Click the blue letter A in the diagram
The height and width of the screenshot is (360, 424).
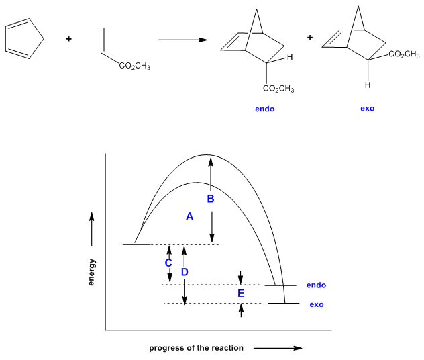189,217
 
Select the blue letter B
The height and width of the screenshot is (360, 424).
210,199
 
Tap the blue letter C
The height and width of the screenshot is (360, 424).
169,263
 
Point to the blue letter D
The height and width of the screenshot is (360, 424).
184,272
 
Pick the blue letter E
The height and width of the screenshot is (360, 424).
241,294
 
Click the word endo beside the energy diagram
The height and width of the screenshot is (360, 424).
316,285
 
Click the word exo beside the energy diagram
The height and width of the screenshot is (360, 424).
316,304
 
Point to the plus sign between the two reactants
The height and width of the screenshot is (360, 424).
69,39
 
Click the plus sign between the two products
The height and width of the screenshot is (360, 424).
310,38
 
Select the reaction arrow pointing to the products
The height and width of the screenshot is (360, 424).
182,40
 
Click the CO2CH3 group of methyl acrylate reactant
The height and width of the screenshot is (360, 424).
134,66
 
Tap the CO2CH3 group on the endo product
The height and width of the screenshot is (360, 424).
279,89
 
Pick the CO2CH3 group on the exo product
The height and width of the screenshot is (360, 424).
404,54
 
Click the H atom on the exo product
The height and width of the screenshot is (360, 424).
368,85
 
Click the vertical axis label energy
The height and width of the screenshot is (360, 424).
92,272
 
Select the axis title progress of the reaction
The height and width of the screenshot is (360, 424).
196,348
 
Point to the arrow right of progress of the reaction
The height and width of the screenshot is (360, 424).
278,348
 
